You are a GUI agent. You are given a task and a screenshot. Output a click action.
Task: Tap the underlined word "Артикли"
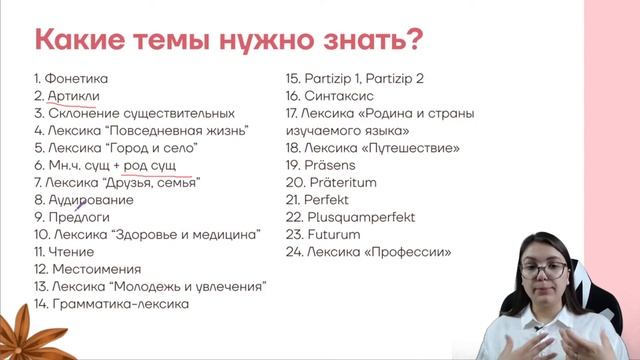(73, 96)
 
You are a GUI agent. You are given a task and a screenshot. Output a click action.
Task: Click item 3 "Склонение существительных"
(134, 113)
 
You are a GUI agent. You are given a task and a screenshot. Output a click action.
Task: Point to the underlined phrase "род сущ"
(157, 165)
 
